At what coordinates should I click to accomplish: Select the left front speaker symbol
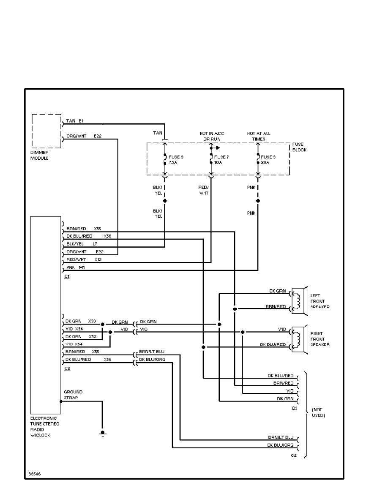coord(298,300)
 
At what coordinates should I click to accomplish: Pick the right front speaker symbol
coord(298,338)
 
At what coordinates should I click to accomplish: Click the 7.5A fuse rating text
coord(173,162)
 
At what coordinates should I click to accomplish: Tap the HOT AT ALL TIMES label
coord(259,136)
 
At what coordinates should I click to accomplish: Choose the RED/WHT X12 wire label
coord(84,259)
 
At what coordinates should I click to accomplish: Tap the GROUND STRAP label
coord(73,395)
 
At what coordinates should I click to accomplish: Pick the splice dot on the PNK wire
coord(258,201)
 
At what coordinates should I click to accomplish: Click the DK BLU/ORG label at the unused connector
coord(281,445)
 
